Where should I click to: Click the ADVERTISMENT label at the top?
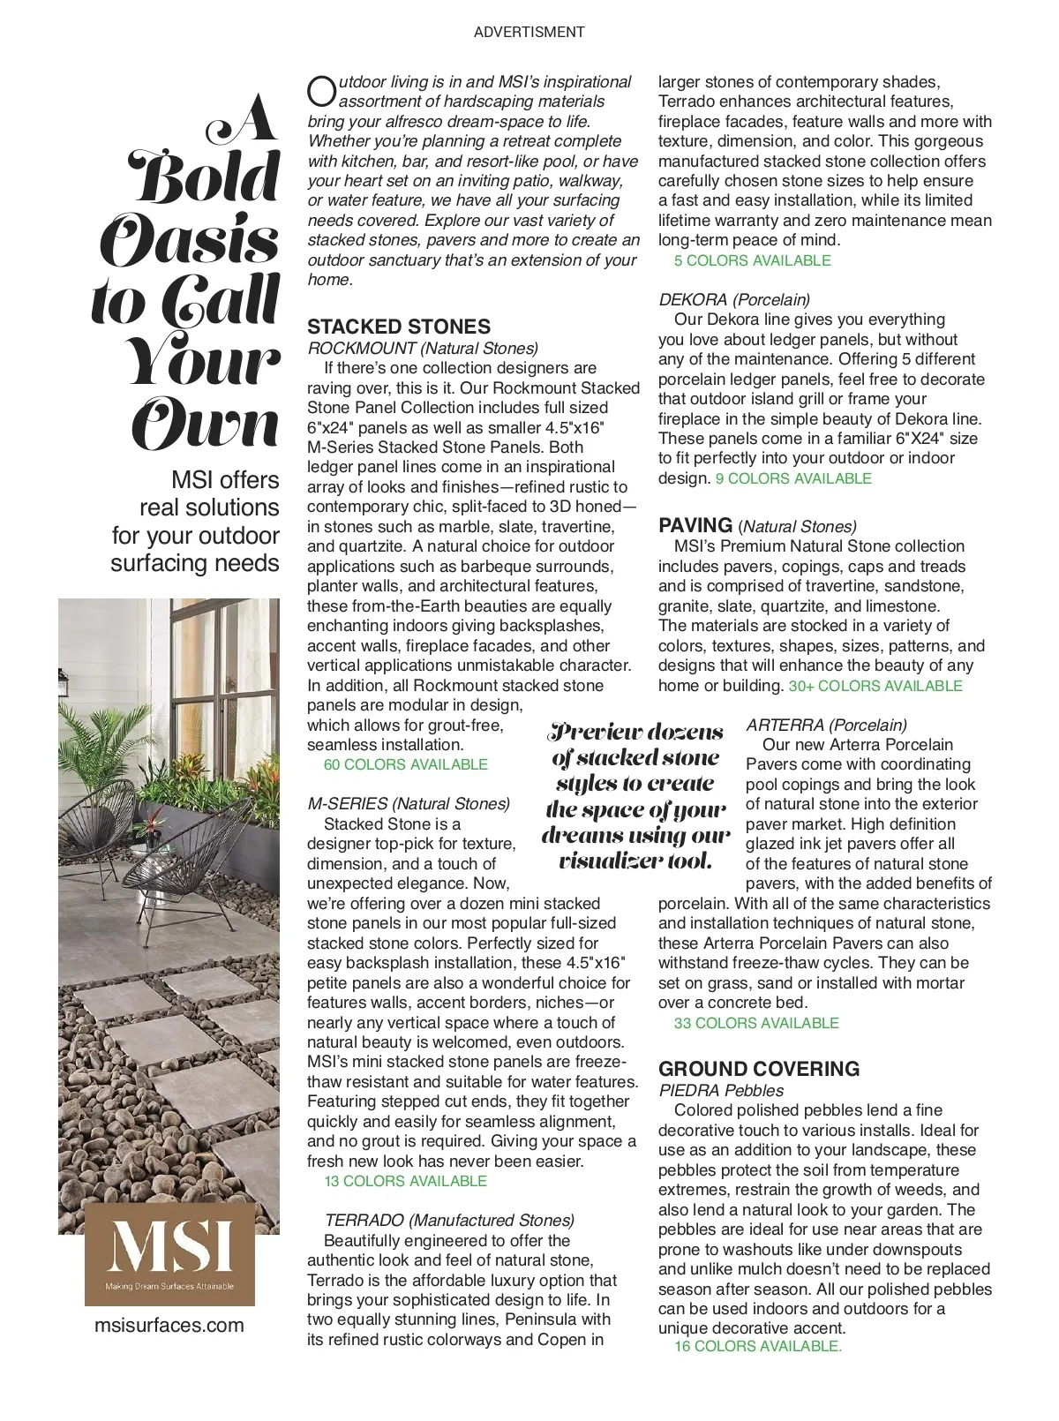coord(529,32)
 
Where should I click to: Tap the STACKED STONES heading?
coord(399,327)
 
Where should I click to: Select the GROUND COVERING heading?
coord(758,1069)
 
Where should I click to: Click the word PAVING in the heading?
coord(695,525)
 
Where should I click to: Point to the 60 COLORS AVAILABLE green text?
coord(405,764)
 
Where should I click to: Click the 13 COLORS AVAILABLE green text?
coord(405,1181)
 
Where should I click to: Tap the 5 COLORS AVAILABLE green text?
coord(752,260)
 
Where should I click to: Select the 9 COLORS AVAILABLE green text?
coord(793,478)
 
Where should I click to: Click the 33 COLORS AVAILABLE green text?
coord(756,1023)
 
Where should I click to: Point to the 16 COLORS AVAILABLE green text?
coord(758,1346)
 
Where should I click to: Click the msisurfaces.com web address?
coord(169,1325)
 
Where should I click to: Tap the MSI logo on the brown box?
coord(169,1246)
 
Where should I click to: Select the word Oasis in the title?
coord(190,239)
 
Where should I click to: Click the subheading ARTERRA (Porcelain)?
coord(826,725)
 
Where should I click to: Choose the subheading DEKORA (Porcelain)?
coord(734,299)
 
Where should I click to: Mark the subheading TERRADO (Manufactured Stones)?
coord(449,1220)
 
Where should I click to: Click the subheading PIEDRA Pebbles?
coord(721,1090)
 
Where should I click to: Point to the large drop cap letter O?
coord(321,90)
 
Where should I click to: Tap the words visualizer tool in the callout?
coord(635,861)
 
